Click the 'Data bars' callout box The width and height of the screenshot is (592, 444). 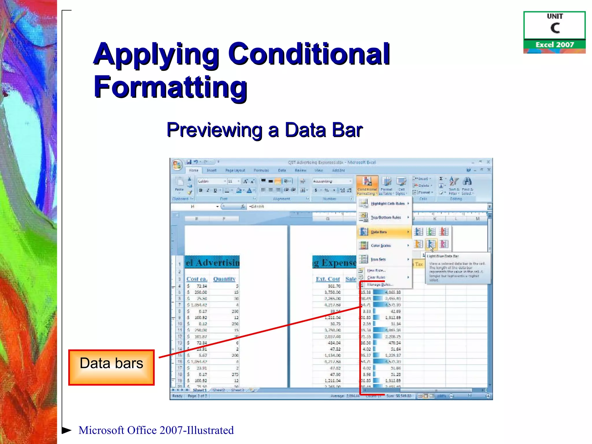111,367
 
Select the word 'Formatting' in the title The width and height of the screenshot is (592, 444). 170,87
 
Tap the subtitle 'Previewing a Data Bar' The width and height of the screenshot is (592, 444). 264,130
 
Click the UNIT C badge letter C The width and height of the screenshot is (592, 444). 555,28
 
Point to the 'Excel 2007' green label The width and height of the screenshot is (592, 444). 554,45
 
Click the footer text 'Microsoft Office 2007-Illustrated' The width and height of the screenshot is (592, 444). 156,430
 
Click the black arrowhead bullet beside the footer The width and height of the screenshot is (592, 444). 66,430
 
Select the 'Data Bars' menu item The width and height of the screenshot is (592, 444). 379,232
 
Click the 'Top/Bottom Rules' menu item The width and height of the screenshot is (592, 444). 386,217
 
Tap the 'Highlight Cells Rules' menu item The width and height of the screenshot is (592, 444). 387,203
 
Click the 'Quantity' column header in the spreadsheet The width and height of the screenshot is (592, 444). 224,279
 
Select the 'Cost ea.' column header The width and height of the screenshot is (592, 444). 197,279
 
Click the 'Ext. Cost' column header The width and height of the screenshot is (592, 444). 328,279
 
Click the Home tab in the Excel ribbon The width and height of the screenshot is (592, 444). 194,171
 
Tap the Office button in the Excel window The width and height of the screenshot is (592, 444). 177,165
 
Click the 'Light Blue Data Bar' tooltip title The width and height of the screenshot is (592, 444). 443,256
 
